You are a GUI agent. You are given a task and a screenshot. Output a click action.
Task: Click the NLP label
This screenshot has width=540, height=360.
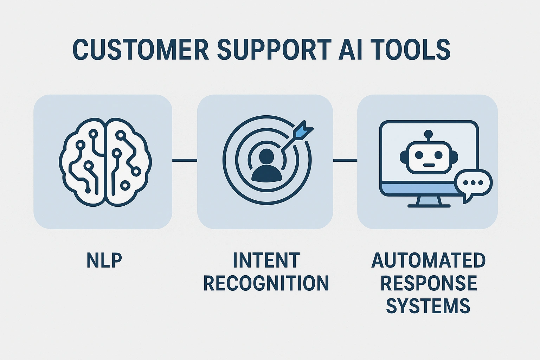tap(104, 261)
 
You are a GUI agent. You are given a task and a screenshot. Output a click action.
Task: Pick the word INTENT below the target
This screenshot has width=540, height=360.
tap(266, 261)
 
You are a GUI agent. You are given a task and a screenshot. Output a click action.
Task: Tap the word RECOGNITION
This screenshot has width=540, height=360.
tap(266, 283)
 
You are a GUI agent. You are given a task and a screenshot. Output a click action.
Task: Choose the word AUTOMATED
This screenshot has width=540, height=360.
tap(428, 261)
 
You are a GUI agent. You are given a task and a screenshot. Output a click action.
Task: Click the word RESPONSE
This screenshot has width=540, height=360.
tap(428, 283)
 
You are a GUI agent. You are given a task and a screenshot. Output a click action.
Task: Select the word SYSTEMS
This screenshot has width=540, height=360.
tap(428, 306)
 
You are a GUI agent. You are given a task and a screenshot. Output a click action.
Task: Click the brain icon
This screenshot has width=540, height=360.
tap(105, 162)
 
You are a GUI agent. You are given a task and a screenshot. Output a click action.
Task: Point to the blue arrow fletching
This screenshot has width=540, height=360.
tap(302, 130)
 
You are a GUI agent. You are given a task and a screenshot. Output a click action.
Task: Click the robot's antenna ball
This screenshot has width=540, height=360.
tap(428, 134)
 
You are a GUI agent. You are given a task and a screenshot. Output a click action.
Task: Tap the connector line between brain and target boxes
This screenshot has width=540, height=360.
tap(185, 160)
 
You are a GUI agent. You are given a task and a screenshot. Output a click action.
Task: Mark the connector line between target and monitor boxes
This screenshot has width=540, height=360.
tap(345, 160)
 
